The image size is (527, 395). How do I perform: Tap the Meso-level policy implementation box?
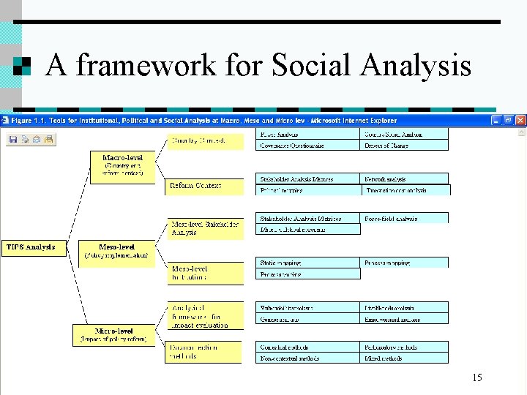[x=117, y=251]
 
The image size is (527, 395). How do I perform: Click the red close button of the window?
[x=521, y=120]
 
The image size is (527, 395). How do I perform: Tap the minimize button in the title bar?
[x=496, y=120]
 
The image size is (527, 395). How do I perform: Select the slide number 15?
[x=476, y=377]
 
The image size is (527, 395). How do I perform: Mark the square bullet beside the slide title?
[x=23, y=67]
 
